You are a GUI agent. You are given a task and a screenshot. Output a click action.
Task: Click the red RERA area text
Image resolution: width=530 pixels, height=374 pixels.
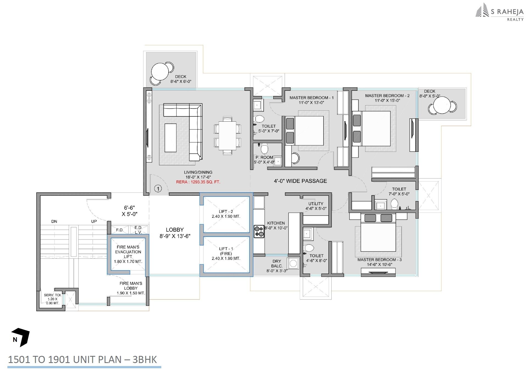[198, 182]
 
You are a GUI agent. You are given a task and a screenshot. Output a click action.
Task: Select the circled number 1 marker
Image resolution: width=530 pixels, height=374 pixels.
[158, 188]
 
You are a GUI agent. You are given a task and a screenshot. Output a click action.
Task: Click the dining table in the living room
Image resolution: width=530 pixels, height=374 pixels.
[227, 136]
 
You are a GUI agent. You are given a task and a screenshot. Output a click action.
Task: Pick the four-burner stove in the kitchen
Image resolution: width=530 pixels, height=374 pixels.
[259, 231]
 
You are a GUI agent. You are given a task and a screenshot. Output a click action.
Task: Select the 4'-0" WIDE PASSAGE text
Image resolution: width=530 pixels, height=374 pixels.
[300, 181]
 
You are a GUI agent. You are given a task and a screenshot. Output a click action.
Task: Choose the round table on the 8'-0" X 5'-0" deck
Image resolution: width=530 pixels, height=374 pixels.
[442, 106]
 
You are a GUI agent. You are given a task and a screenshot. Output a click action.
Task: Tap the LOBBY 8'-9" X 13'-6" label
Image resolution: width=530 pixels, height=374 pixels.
[175, 233]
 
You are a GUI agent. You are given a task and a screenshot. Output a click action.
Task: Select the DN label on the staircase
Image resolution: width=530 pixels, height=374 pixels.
[54, 221]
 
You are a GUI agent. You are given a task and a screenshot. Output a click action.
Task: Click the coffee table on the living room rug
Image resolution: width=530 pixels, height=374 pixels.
[170, 138]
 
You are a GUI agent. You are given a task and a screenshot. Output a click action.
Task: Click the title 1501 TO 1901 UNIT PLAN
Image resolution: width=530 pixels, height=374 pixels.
[82, 359]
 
